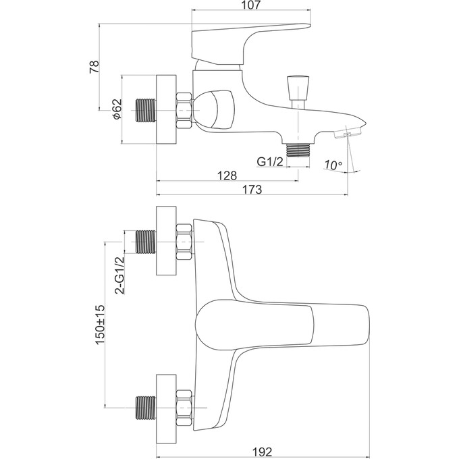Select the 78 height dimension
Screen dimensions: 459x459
coord(94,66)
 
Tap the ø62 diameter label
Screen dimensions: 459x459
coord(116,109)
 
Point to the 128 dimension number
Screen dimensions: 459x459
coord(228,175)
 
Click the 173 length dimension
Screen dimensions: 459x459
coord(252,190)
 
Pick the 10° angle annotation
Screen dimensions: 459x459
coord(333,165)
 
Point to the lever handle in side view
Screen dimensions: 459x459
coord(243,40)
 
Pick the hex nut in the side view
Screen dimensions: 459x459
coord(183,109)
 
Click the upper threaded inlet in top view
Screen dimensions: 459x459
coord(146,243)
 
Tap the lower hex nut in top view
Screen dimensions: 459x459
coord(183,406)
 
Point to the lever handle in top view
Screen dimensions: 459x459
coord(283,324)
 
